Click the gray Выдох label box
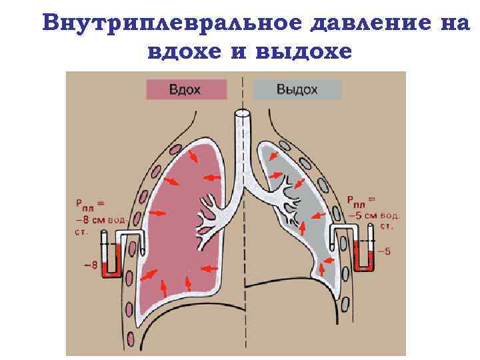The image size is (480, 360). (297, 89)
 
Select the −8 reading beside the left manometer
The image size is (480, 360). (90, 265)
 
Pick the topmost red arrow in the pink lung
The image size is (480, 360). (193, 156)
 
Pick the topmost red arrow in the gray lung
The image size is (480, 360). (273, 156)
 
